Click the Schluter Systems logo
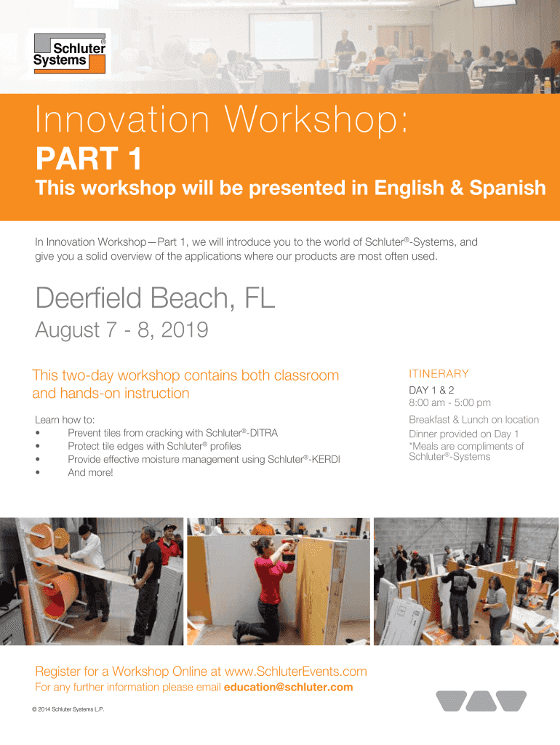click(x=69, y=53)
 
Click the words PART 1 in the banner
click(x=89, y=159)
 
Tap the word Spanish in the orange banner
click(x=508, y=188)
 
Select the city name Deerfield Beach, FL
click(x=156, y=298)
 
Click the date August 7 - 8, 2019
click(x=121, y=330)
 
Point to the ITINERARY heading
click(x=439, y=374)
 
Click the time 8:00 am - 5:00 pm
click(x=449, y=403)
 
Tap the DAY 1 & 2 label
click(x=431, y=390)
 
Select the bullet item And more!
click(x=90, y=473)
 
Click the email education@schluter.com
click(x=288, y=687)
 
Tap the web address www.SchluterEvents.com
click(x=295, y=672)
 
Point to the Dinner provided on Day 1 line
click(x=463, y=434)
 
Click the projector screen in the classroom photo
click(x=286, y=36)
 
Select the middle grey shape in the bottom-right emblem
click(x=481, y=701)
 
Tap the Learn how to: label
click(x=65, y=420)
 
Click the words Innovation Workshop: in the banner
click(x=221, y=120)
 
